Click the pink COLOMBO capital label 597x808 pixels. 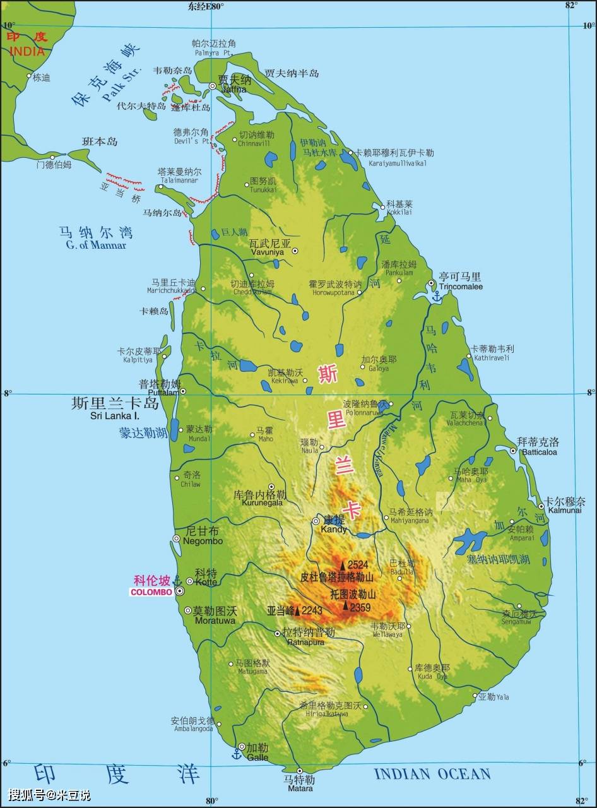pyautogui.click(x=151, y=592)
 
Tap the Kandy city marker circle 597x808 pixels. pyautogui.click(x=316, y=521)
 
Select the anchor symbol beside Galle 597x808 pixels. pyautogui.click(x=237, y=753)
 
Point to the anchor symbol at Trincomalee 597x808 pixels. pyautogui.click(x=435, y=295)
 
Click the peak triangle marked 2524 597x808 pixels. pyautogui.click(x=343, y=565)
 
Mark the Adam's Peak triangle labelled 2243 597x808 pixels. pyautogui.click(x=297, y=610)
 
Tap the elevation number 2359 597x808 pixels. pyautogui.click(x=360, y=608)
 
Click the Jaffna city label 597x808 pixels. pyautogui.click(x=232, y=89)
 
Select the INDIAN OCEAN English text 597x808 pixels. pyautogui.click(x=432, y=774)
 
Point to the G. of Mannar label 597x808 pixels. pyautogui.click(x=96, y=245)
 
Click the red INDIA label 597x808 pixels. pyautogui.click(x=27, y=50)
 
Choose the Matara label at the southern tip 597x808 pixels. pyautogui.click(x=300, y=788)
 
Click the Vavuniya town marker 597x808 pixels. pyautogui.click(x=295, y=251)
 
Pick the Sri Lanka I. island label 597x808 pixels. pyautogui.click(x=115, y=416)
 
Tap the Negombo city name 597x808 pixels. pyautogui.click(x=203, y=541)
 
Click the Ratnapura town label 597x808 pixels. pyautogui.click(x=305, y=642)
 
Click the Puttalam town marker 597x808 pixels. pyautogui.click(x=183, y=391)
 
